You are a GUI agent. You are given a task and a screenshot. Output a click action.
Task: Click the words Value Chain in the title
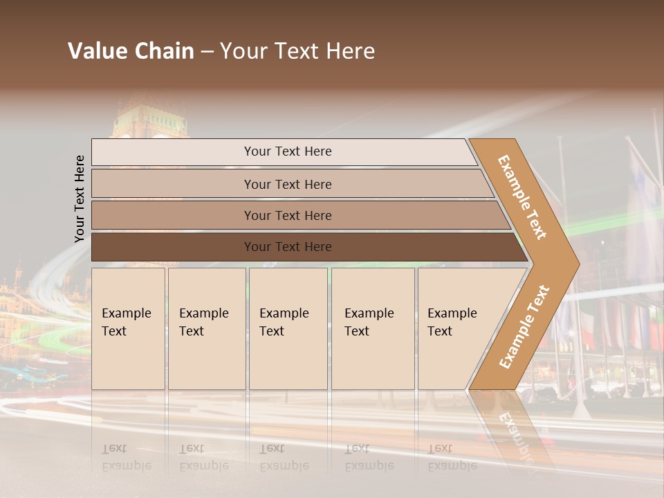point(131,51)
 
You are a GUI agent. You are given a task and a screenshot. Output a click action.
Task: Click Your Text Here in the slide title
point(297,51)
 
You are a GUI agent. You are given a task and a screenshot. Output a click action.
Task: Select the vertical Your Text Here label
point(80,199)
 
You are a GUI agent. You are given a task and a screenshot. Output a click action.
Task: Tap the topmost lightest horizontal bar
point(288,151)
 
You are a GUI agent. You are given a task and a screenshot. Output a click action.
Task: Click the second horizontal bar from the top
point(288,184)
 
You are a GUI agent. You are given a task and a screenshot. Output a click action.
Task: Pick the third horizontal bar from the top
point(288,215)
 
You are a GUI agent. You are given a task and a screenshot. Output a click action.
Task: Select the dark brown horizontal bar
point(288,247)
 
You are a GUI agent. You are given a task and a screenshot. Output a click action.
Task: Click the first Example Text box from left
point(128,329)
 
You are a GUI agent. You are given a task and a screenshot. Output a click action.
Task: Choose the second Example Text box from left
point(207,329)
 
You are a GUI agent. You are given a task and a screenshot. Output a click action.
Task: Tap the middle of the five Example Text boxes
point(288,329)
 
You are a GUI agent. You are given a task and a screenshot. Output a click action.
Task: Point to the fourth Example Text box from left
point(373,329)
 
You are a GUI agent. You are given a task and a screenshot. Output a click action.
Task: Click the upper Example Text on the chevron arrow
point(522,197)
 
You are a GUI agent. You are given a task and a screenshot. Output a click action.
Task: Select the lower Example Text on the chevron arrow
point(524,326)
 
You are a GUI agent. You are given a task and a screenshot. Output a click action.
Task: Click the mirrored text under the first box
point(127,457)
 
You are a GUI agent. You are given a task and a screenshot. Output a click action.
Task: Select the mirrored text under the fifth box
point(452,457)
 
